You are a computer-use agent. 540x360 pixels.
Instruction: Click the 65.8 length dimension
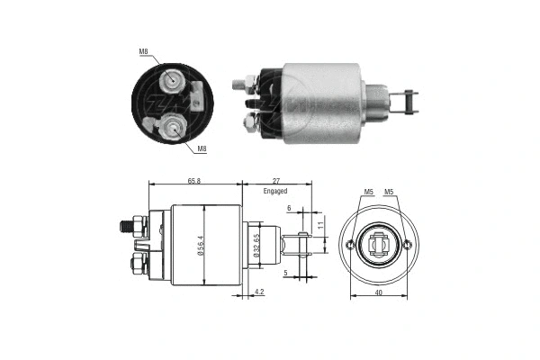click(x=193, y=181)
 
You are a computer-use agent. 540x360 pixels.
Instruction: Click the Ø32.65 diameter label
click(x=256, y=247)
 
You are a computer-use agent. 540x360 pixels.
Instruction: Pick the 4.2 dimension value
click(x=259, y=292)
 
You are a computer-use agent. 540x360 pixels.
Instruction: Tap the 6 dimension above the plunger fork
click(x=289, y=209)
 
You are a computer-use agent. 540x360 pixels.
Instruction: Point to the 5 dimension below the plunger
click(x=285, y=274)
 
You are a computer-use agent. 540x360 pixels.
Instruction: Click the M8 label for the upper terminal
click(x=144, y=51)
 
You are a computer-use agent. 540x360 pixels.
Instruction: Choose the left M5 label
click(x=367, y=192)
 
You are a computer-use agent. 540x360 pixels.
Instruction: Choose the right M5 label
click(x=390, y=192)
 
